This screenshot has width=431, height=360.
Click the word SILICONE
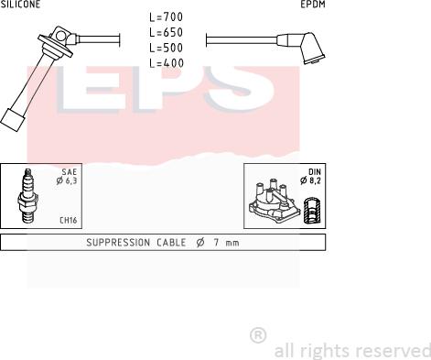[x=20, y=4]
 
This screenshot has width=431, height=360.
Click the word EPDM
[x=313, y=5]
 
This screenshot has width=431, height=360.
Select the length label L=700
[x=167, y=17]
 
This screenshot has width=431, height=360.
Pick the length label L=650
[x=167, y=32]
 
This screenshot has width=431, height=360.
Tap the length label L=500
[x=167, y=48]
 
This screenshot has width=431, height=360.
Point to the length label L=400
[x=167, y=63]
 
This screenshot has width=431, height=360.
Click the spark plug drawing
[x=27, y=195]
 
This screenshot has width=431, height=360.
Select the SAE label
[x=70, y=172]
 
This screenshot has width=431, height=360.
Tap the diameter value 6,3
[x=70, y=180]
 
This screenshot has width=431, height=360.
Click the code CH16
[x=68, y=220]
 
